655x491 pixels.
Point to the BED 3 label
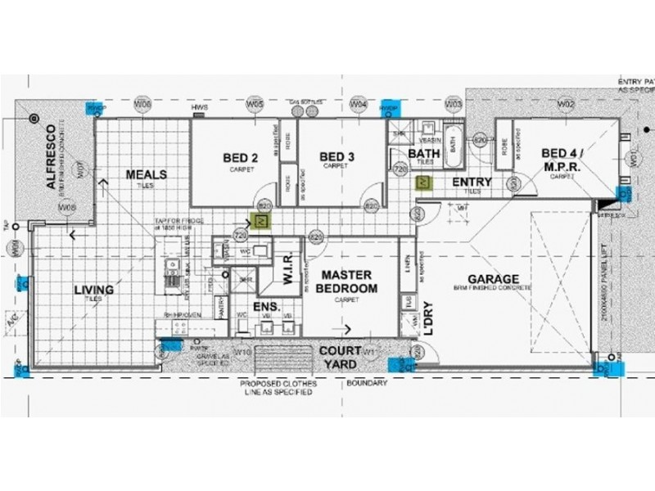(337, 157)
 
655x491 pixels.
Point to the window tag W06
(143, 105)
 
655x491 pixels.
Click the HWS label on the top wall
(197, 107)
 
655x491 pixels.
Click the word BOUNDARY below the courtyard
(366, 381)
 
